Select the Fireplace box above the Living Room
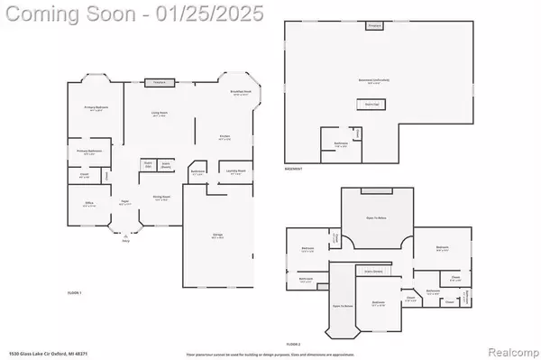159,82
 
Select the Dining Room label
162,198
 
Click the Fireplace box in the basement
375,27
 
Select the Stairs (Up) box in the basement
371,103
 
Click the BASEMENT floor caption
293,169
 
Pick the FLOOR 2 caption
293,344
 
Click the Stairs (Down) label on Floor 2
370,270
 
